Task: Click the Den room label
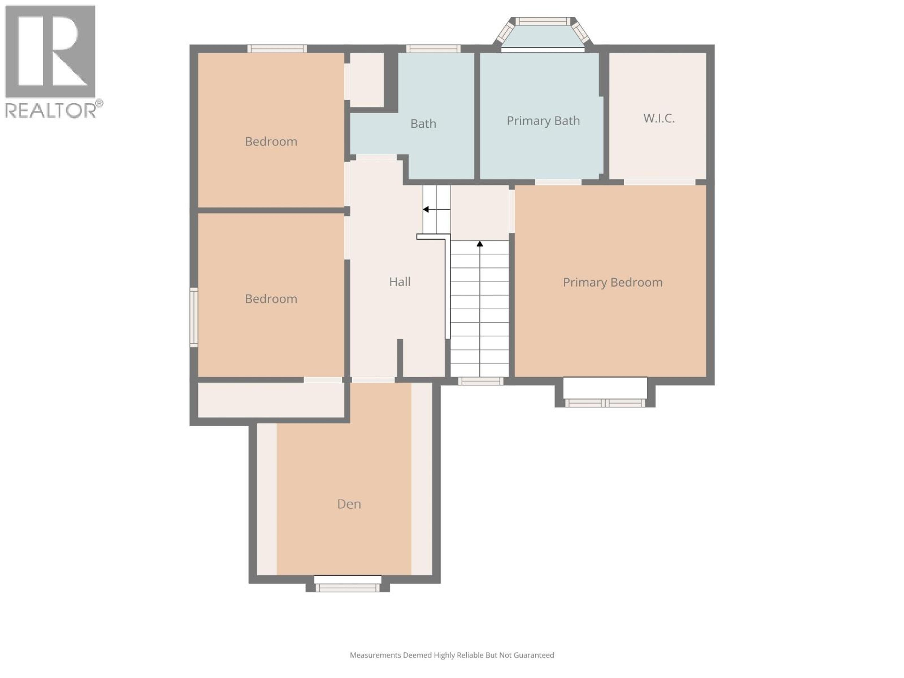pos(349,504)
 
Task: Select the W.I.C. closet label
pos(658,118)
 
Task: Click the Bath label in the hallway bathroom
pos(423,123)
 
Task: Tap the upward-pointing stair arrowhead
pos(480,244)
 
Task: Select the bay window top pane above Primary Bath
pos(542,21)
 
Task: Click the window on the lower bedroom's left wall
pos(194,317)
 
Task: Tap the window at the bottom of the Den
pos(347,588)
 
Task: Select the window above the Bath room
pos(433,49)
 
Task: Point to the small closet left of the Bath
pos(367,80)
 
